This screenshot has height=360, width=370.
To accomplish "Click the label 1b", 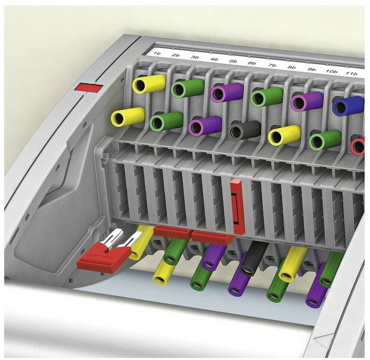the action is (157, 53).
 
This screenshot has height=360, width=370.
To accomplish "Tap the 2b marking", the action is (175, 55).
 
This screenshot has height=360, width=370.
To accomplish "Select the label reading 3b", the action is (195, 57).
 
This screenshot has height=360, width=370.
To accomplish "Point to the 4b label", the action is (214, 59).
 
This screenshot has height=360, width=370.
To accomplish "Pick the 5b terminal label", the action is (233, 61).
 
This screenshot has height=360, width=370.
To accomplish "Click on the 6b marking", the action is (252, 63).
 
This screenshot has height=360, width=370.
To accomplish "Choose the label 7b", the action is (272, 65).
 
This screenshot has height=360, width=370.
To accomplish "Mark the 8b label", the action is (292, 67).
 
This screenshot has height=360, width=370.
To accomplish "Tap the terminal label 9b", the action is (312, 70).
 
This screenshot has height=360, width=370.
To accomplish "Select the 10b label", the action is (331, 72).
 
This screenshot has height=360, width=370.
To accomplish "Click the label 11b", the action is (352, 73).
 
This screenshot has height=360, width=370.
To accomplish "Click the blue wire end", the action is (348, 106).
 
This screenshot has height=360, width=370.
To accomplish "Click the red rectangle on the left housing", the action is (89, 87).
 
